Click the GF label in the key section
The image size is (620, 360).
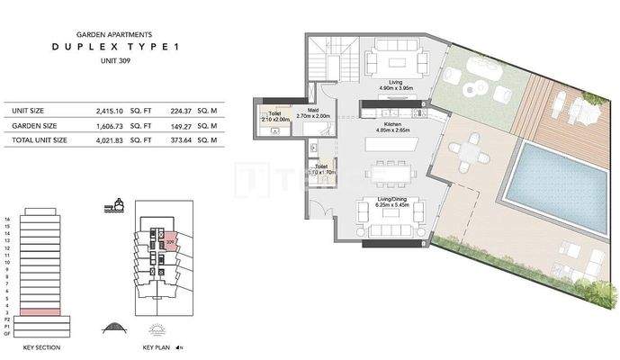(x=7, y=333)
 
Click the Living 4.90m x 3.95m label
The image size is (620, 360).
(x=393, y=85)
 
